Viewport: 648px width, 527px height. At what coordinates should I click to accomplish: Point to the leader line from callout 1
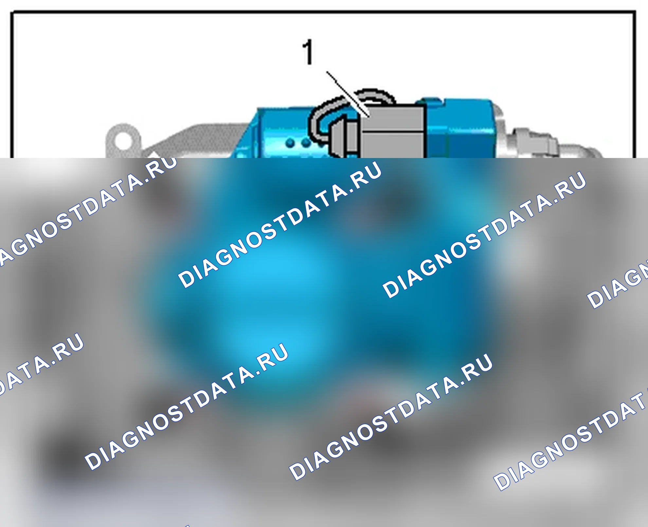click(x=348, y=94)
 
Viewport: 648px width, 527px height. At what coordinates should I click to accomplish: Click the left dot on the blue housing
click(x=290, y=143)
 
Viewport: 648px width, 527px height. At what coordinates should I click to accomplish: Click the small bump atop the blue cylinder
click(x=431, y=100)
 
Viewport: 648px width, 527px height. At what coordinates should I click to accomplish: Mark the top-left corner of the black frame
click(x=12, y=12)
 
